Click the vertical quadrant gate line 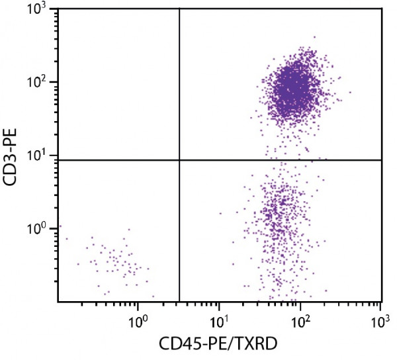point(179,79)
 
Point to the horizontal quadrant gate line point(278,160)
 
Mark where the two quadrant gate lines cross point(179,160)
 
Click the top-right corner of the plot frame point(382,9)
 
